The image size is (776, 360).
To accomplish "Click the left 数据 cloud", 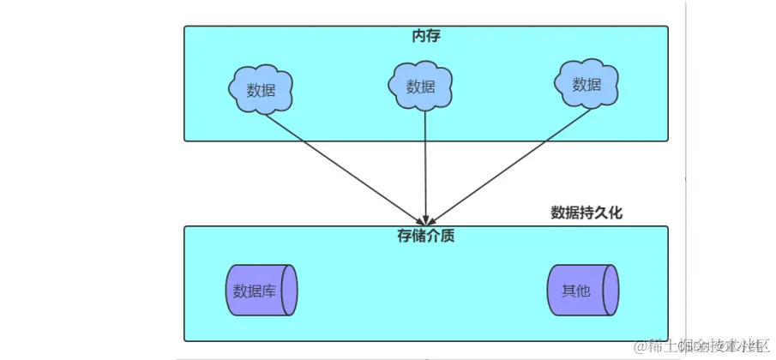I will point(261,89).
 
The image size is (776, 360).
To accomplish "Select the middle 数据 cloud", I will point(420,86).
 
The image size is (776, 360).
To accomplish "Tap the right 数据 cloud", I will point(587,84).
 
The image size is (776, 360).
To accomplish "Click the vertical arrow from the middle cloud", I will point(424,163).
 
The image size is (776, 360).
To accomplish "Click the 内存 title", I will point(426,36).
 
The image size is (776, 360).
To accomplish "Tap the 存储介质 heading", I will point(426,235).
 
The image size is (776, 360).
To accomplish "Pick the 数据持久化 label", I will point(587,213).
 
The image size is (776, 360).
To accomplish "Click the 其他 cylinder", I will point(581,290).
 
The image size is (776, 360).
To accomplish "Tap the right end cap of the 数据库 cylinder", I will point(291,291).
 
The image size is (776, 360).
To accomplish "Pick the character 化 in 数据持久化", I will point(615,213).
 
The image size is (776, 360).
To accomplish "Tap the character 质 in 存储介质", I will point(447,235).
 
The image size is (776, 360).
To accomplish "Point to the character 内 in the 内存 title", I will point(419,36).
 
